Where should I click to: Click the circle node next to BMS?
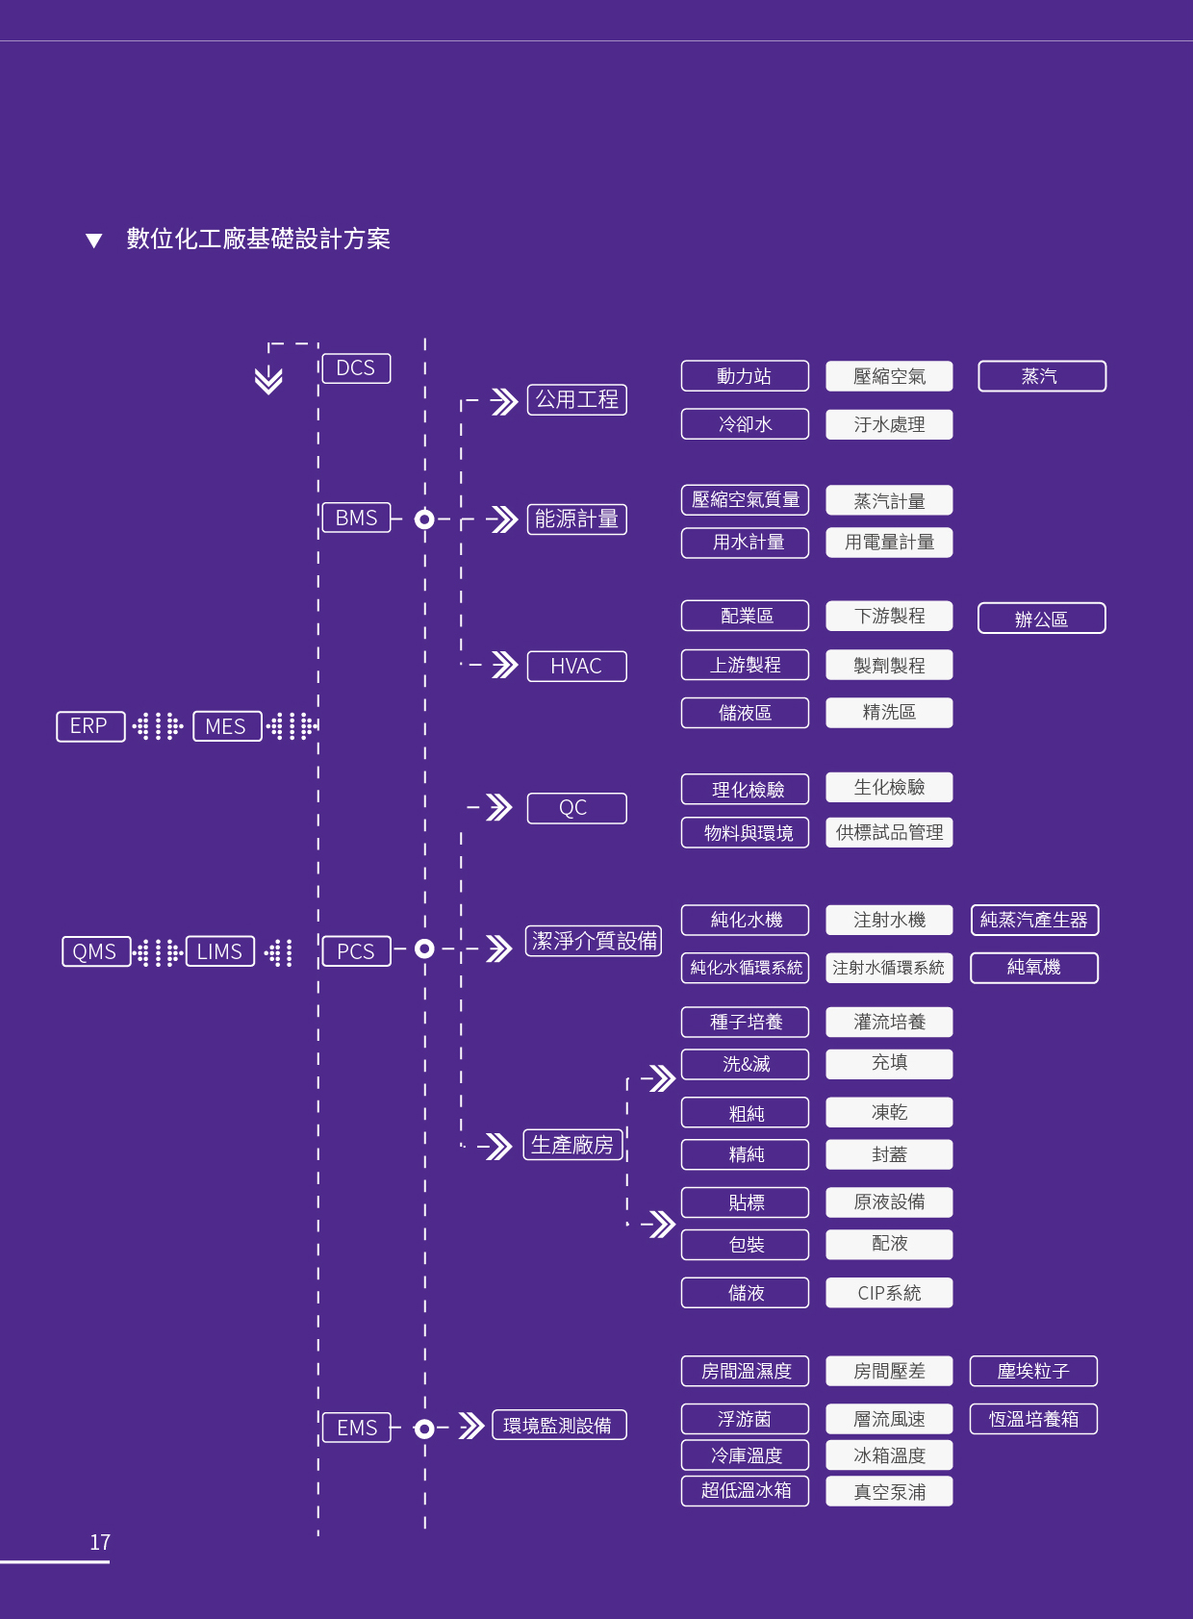pyautogui.click(x=424, y=519)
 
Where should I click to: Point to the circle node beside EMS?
pyautogui.click(x=424, y=1429)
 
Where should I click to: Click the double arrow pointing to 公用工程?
pyautogui.click(x=504, y=401)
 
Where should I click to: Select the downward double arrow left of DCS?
pyautogui.click(x=268, y=380)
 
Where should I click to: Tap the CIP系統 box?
pyautogui.click(x=889, y=1293)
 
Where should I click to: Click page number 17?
pyautogui.click(x=100, y=1542)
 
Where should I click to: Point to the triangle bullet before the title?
pyautogui.click(x=93, y=240)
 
